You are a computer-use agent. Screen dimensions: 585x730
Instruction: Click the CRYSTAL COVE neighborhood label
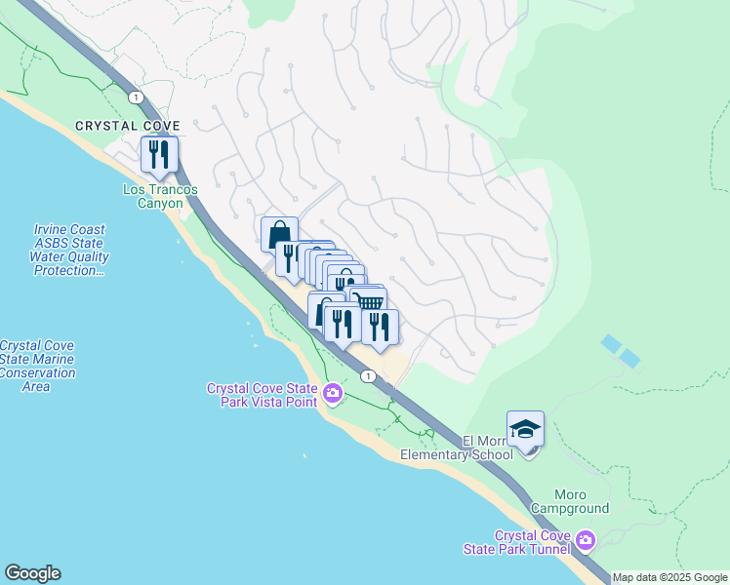tap(125, 127)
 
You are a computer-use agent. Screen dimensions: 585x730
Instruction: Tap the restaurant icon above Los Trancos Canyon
tap(158, 154)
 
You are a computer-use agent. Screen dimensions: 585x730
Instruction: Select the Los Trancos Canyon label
tap(152, 196)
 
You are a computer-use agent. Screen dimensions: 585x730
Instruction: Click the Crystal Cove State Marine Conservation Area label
tap(37, 366)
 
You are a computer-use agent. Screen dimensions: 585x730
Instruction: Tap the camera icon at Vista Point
tap(332, 394)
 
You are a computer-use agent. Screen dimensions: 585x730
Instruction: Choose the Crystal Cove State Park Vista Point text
tap(262, 395)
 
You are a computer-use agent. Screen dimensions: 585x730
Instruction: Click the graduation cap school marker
tap(525, 429)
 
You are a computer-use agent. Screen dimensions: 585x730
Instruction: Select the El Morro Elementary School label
tap(462, 448)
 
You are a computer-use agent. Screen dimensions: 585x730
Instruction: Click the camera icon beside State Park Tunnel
tap(585, 539)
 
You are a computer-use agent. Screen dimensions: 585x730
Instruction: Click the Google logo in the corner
tap(32, 573)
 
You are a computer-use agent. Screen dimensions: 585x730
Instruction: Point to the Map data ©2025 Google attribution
tap(669, 577)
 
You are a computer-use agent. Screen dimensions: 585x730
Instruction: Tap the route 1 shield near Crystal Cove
tap(135, 96)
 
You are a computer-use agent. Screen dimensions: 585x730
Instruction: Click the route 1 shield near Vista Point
tap(367, 375)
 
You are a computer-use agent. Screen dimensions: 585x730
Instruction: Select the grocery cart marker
tap(369, 302)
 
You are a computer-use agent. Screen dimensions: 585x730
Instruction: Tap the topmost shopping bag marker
tap(279, 234)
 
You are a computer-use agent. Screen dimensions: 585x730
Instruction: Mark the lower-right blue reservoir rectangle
tap(630, 359)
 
